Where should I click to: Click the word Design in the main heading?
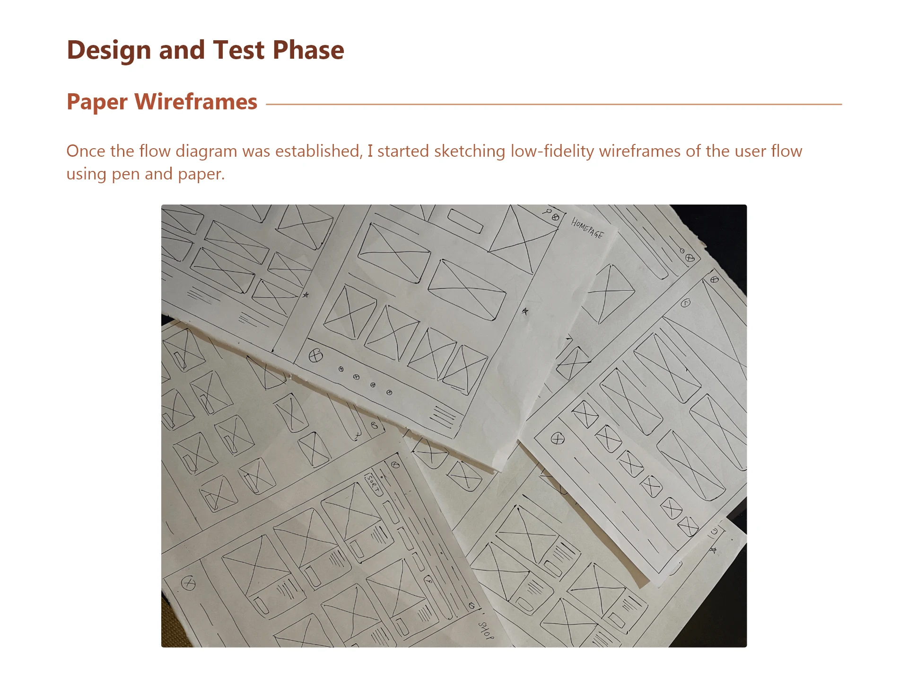tap(109, 50)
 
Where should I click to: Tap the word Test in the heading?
tap(238, 50)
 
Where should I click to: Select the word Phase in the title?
tap(308, 50)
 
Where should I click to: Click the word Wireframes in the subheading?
tap(196, 102)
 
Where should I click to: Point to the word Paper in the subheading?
tap(97, 103)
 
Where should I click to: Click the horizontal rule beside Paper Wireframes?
tap(554, 104)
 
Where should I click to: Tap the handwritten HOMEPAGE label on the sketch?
tap(587, 228)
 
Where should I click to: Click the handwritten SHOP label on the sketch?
tap(486, 631)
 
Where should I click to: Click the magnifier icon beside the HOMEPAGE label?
tap(548, 212)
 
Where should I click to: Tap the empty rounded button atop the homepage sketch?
tap(465, 221)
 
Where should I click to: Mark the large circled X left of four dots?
tap(315, 355)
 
